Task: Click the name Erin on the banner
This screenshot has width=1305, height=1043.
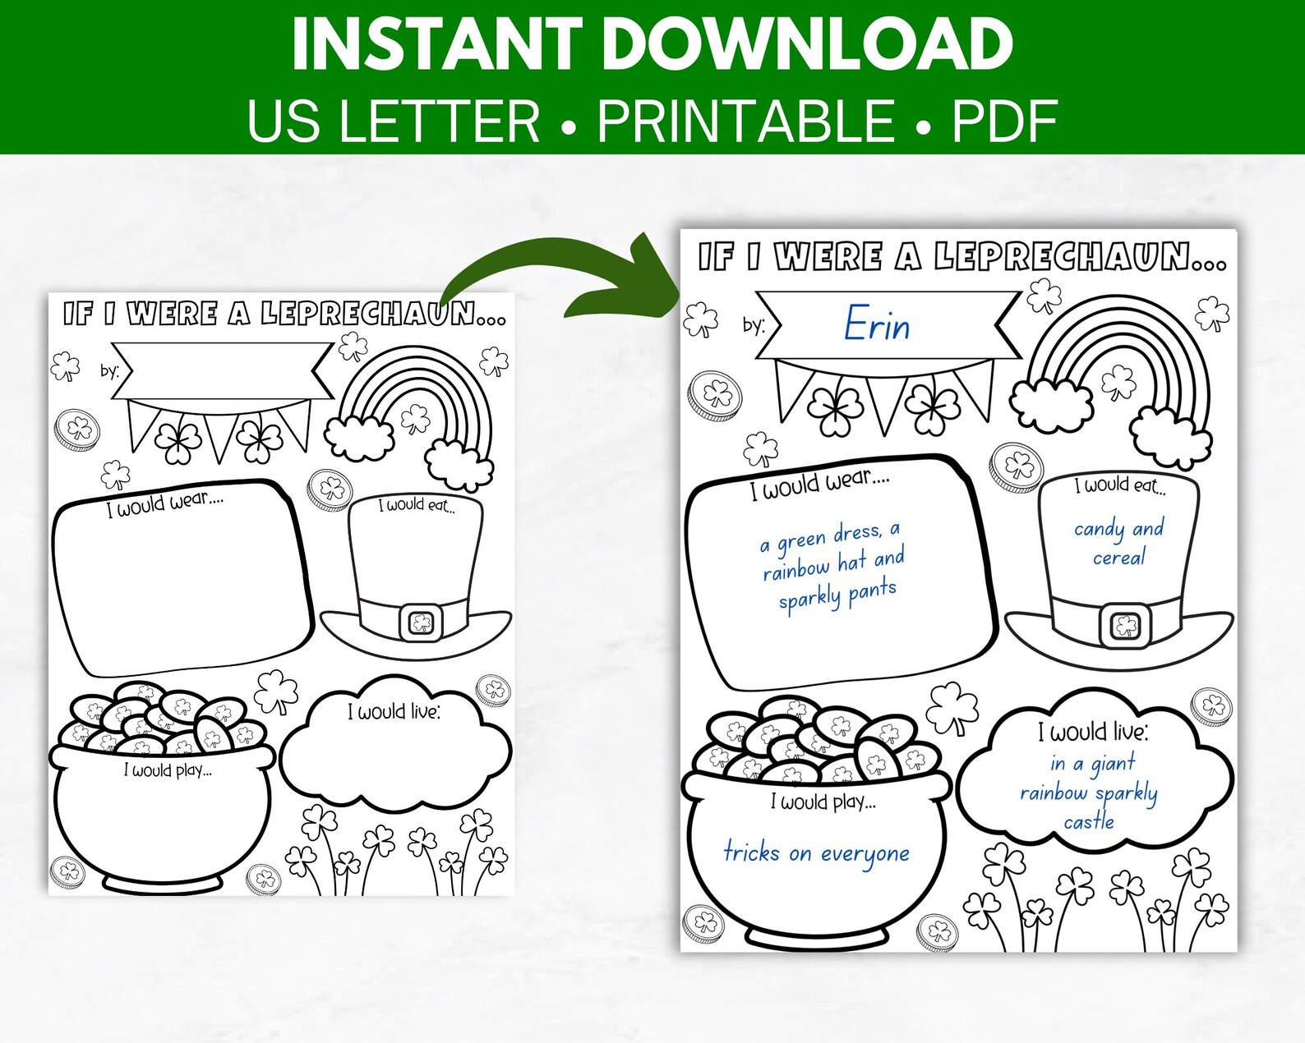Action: [877, 324]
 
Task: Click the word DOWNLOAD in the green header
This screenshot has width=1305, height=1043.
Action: [809, 45]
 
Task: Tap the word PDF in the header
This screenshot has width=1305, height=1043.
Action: [1004, 122]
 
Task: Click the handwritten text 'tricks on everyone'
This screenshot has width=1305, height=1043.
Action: [816, 853]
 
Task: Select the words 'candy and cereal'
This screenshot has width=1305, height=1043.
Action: [1118, 542]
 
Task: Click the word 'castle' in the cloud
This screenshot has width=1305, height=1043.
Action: [1089, 821]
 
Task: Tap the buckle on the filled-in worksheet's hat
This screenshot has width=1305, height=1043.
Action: [1124, 627]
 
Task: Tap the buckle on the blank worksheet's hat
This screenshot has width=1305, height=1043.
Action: [422, 623]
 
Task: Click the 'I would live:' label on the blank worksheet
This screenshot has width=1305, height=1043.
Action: [394, 711]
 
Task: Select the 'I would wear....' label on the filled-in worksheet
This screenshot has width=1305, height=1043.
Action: [819, 484]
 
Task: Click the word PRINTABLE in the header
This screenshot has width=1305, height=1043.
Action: [745, 122]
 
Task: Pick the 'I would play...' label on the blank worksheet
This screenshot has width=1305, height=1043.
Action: [168, 770]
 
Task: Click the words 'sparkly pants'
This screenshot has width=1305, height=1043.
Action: [837, 596]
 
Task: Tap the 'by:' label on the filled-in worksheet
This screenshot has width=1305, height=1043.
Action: [754, 325]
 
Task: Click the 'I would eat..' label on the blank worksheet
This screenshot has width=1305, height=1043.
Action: [417, 505]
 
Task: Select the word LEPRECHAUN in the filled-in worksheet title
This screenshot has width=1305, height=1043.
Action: [1079, 257]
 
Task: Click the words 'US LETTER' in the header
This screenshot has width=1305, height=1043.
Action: [394, 122]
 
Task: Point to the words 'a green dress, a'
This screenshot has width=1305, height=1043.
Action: [829, 537]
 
